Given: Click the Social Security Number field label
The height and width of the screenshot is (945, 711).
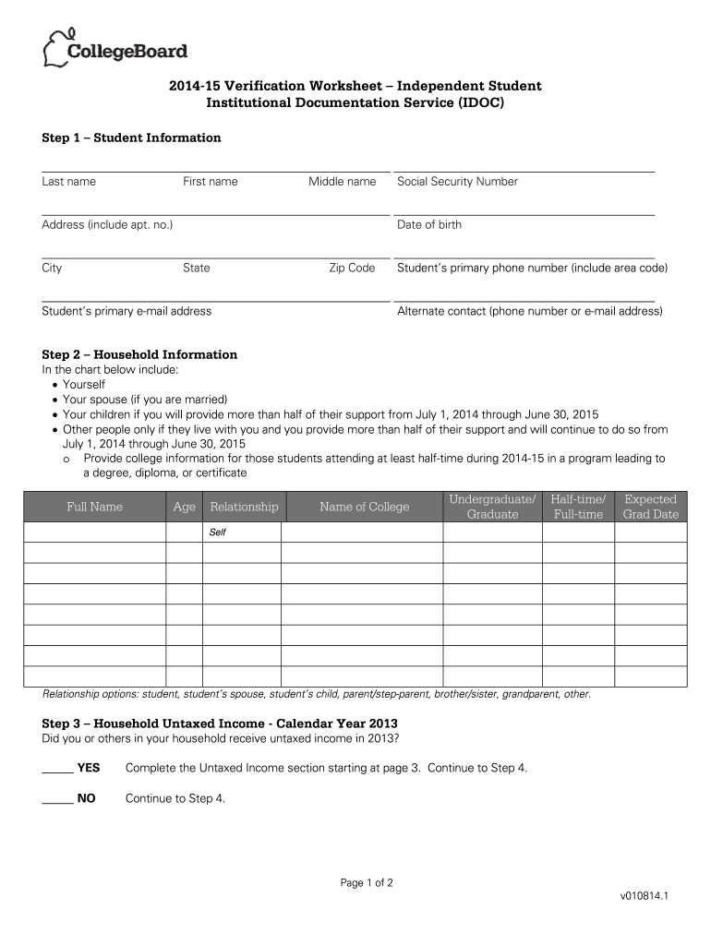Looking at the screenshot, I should click(x=457, y=182).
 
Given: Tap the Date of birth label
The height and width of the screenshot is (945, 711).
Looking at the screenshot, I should click(x=429, y=225).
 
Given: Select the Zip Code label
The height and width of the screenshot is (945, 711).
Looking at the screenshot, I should click(x=352, y=269).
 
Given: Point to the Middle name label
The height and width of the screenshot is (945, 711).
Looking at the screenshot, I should click(x=342, y=182).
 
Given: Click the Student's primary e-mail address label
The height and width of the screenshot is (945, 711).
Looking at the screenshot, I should click(x=127, y=312).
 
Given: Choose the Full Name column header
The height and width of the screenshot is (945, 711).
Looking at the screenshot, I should click(x=94, y=507).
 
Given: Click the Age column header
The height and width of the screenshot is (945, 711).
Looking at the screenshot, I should click(x=184, y=507).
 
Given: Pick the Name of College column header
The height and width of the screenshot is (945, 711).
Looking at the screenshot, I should click(x=364, y=507).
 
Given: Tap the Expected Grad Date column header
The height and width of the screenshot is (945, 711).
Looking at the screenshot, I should click(x=650, y=507).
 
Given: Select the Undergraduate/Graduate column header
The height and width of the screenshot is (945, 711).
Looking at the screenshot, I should click(x=492, y=507).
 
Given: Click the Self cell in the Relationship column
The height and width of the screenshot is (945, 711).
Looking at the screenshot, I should click(x=218, y=532).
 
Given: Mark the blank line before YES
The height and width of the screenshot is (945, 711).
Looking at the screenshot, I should click(x=58, y=770).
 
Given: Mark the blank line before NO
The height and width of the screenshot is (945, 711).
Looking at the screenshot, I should click(x=58, y=800).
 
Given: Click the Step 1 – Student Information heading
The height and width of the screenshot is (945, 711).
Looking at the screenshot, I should click(x=132, y=138).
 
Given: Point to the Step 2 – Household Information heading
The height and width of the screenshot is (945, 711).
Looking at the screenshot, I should click(x=139, y=355).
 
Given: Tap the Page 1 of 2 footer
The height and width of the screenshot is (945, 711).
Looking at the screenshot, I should click(x=367, y=883).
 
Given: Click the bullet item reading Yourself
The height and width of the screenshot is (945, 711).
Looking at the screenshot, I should click(x=84, y=385).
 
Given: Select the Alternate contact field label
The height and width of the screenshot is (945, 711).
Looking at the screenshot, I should click(x=529, y=312).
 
